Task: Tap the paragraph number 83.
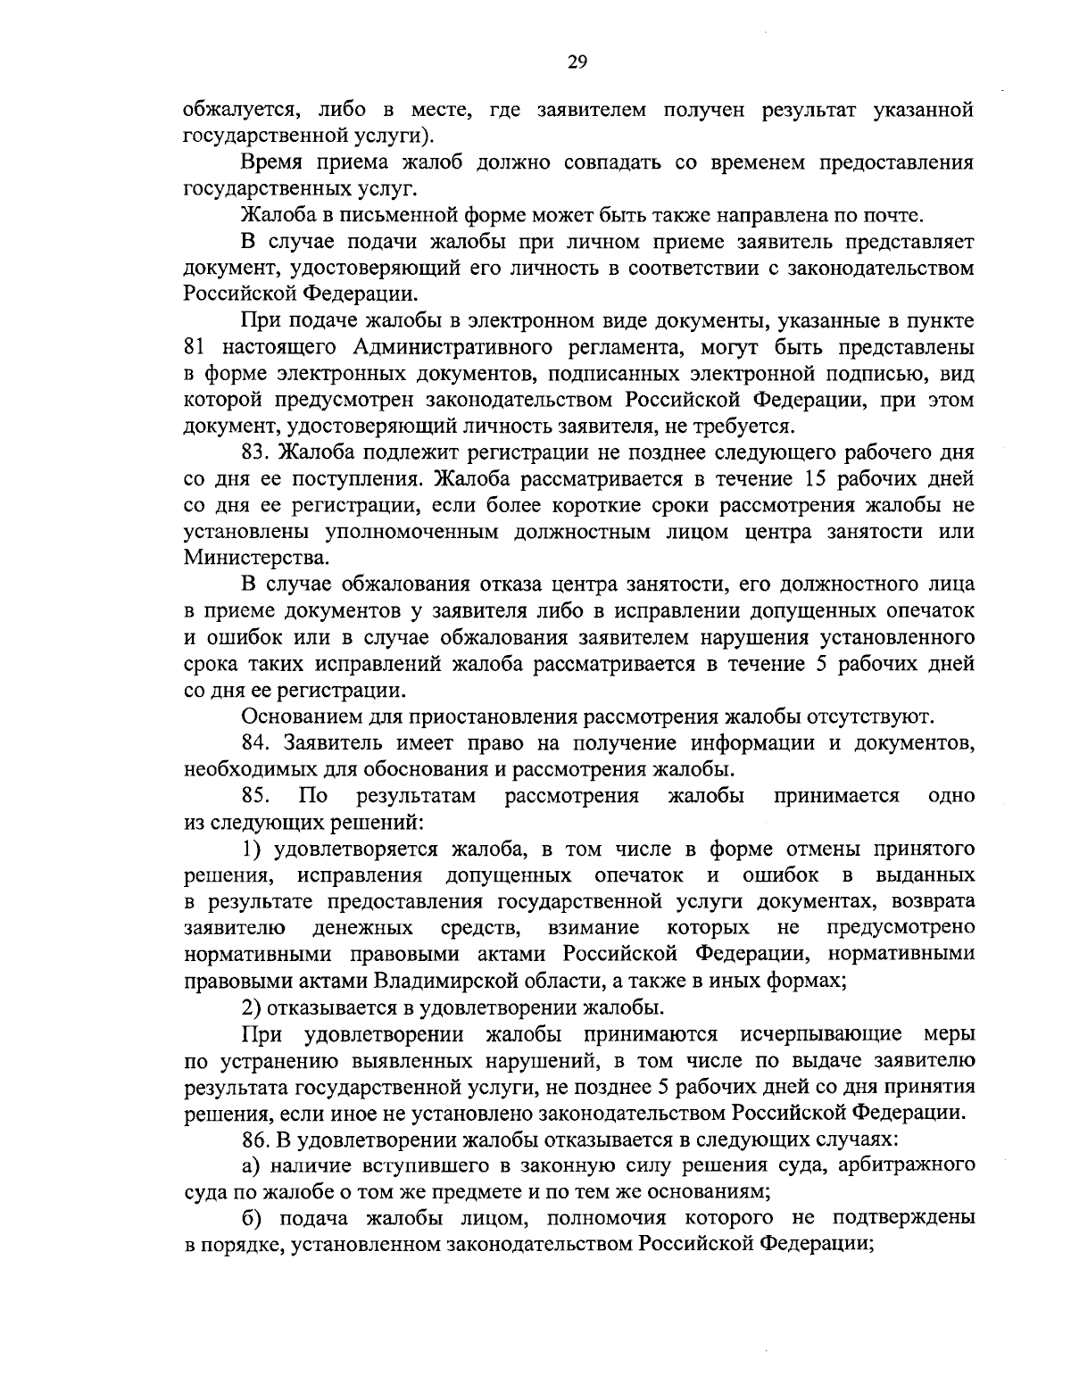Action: [253, 452]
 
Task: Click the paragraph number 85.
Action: [253, 795]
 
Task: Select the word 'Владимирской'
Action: [446, 981]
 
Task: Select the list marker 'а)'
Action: [251, 1164]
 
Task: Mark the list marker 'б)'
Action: [251, 1218]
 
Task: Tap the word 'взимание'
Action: [593, 927]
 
